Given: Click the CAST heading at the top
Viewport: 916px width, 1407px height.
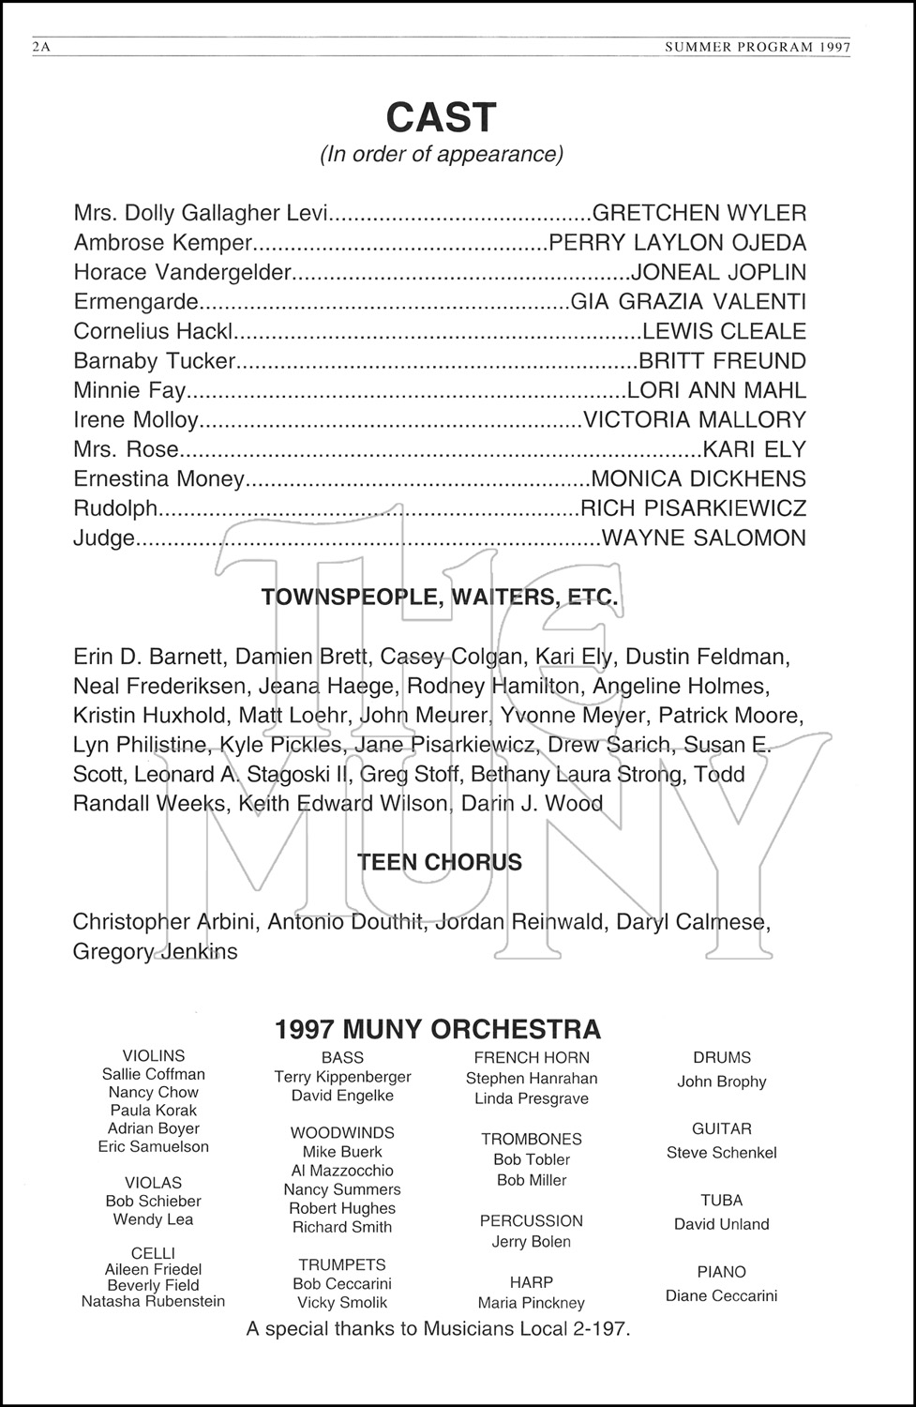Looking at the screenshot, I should click(x=440, y=118).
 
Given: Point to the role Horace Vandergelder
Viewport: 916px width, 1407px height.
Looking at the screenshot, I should click(x=183, y=273).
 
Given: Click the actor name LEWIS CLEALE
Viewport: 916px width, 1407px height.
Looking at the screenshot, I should click(x=723, y=332).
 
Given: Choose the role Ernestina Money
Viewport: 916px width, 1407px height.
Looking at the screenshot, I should click(x=158, y=479).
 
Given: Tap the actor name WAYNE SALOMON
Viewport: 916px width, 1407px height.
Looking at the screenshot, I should click(x=703, y=538).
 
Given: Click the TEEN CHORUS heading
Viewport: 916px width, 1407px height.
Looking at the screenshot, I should click(x=440, y=862).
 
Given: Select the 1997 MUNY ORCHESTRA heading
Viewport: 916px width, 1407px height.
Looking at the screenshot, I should click(x=438, y=1030).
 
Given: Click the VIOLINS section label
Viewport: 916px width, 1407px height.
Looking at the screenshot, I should click(x=154, y=1056).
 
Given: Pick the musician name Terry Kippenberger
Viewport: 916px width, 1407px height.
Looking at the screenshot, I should click(x=342, y=1077).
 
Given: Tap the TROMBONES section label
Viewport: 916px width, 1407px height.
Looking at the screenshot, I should click(x=532, y=1140).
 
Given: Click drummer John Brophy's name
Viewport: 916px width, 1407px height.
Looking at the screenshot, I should click(x=722, y=1082).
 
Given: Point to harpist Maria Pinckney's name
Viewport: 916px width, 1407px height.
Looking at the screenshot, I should click(x=531, y=1303).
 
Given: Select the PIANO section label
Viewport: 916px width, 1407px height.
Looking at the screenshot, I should click(x=722, y=1273).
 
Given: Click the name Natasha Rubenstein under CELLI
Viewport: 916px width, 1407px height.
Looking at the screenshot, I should click(x=153, y=1301).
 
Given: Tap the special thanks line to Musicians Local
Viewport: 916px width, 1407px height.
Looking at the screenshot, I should click(x=438, y=1328).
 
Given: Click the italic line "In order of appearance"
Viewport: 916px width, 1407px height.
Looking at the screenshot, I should click(x=442, y=154).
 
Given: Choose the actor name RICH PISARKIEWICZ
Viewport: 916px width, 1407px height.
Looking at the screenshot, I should click(x=694, y=508).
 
